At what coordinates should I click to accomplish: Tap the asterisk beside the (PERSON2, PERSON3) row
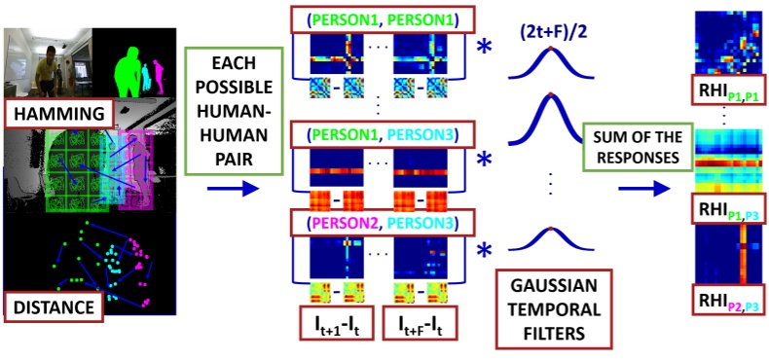pos(485,250)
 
